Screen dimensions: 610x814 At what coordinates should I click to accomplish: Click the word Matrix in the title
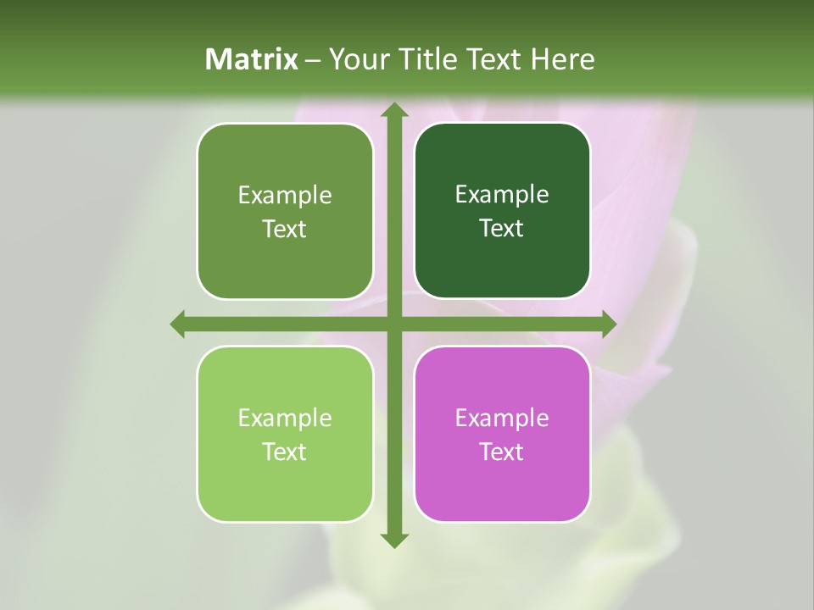252,58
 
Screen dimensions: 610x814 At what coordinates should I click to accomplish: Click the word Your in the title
358,58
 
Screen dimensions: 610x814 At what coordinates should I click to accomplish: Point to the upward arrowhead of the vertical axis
393,110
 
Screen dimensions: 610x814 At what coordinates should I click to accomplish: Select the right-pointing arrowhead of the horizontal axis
608,324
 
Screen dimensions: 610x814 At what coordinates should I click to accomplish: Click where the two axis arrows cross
393,324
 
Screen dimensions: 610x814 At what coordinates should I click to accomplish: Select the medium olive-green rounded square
285,263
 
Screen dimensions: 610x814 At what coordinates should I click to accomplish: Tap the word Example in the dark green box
502,194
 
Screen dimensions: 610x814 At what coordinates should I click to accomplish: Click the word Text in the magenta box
502,452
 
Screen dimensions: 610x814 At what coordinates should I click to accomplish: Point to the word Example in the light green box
285,418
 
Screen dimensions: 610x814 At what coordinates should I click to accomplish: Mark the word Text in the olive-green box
285,229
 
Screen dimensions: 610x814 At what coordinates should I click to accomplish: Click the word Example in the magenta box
502,418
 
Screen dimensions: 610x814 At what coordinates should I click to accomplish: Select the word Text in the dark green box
502,228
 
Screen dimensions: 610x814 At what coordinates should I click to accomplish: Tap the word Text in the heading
494,58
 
